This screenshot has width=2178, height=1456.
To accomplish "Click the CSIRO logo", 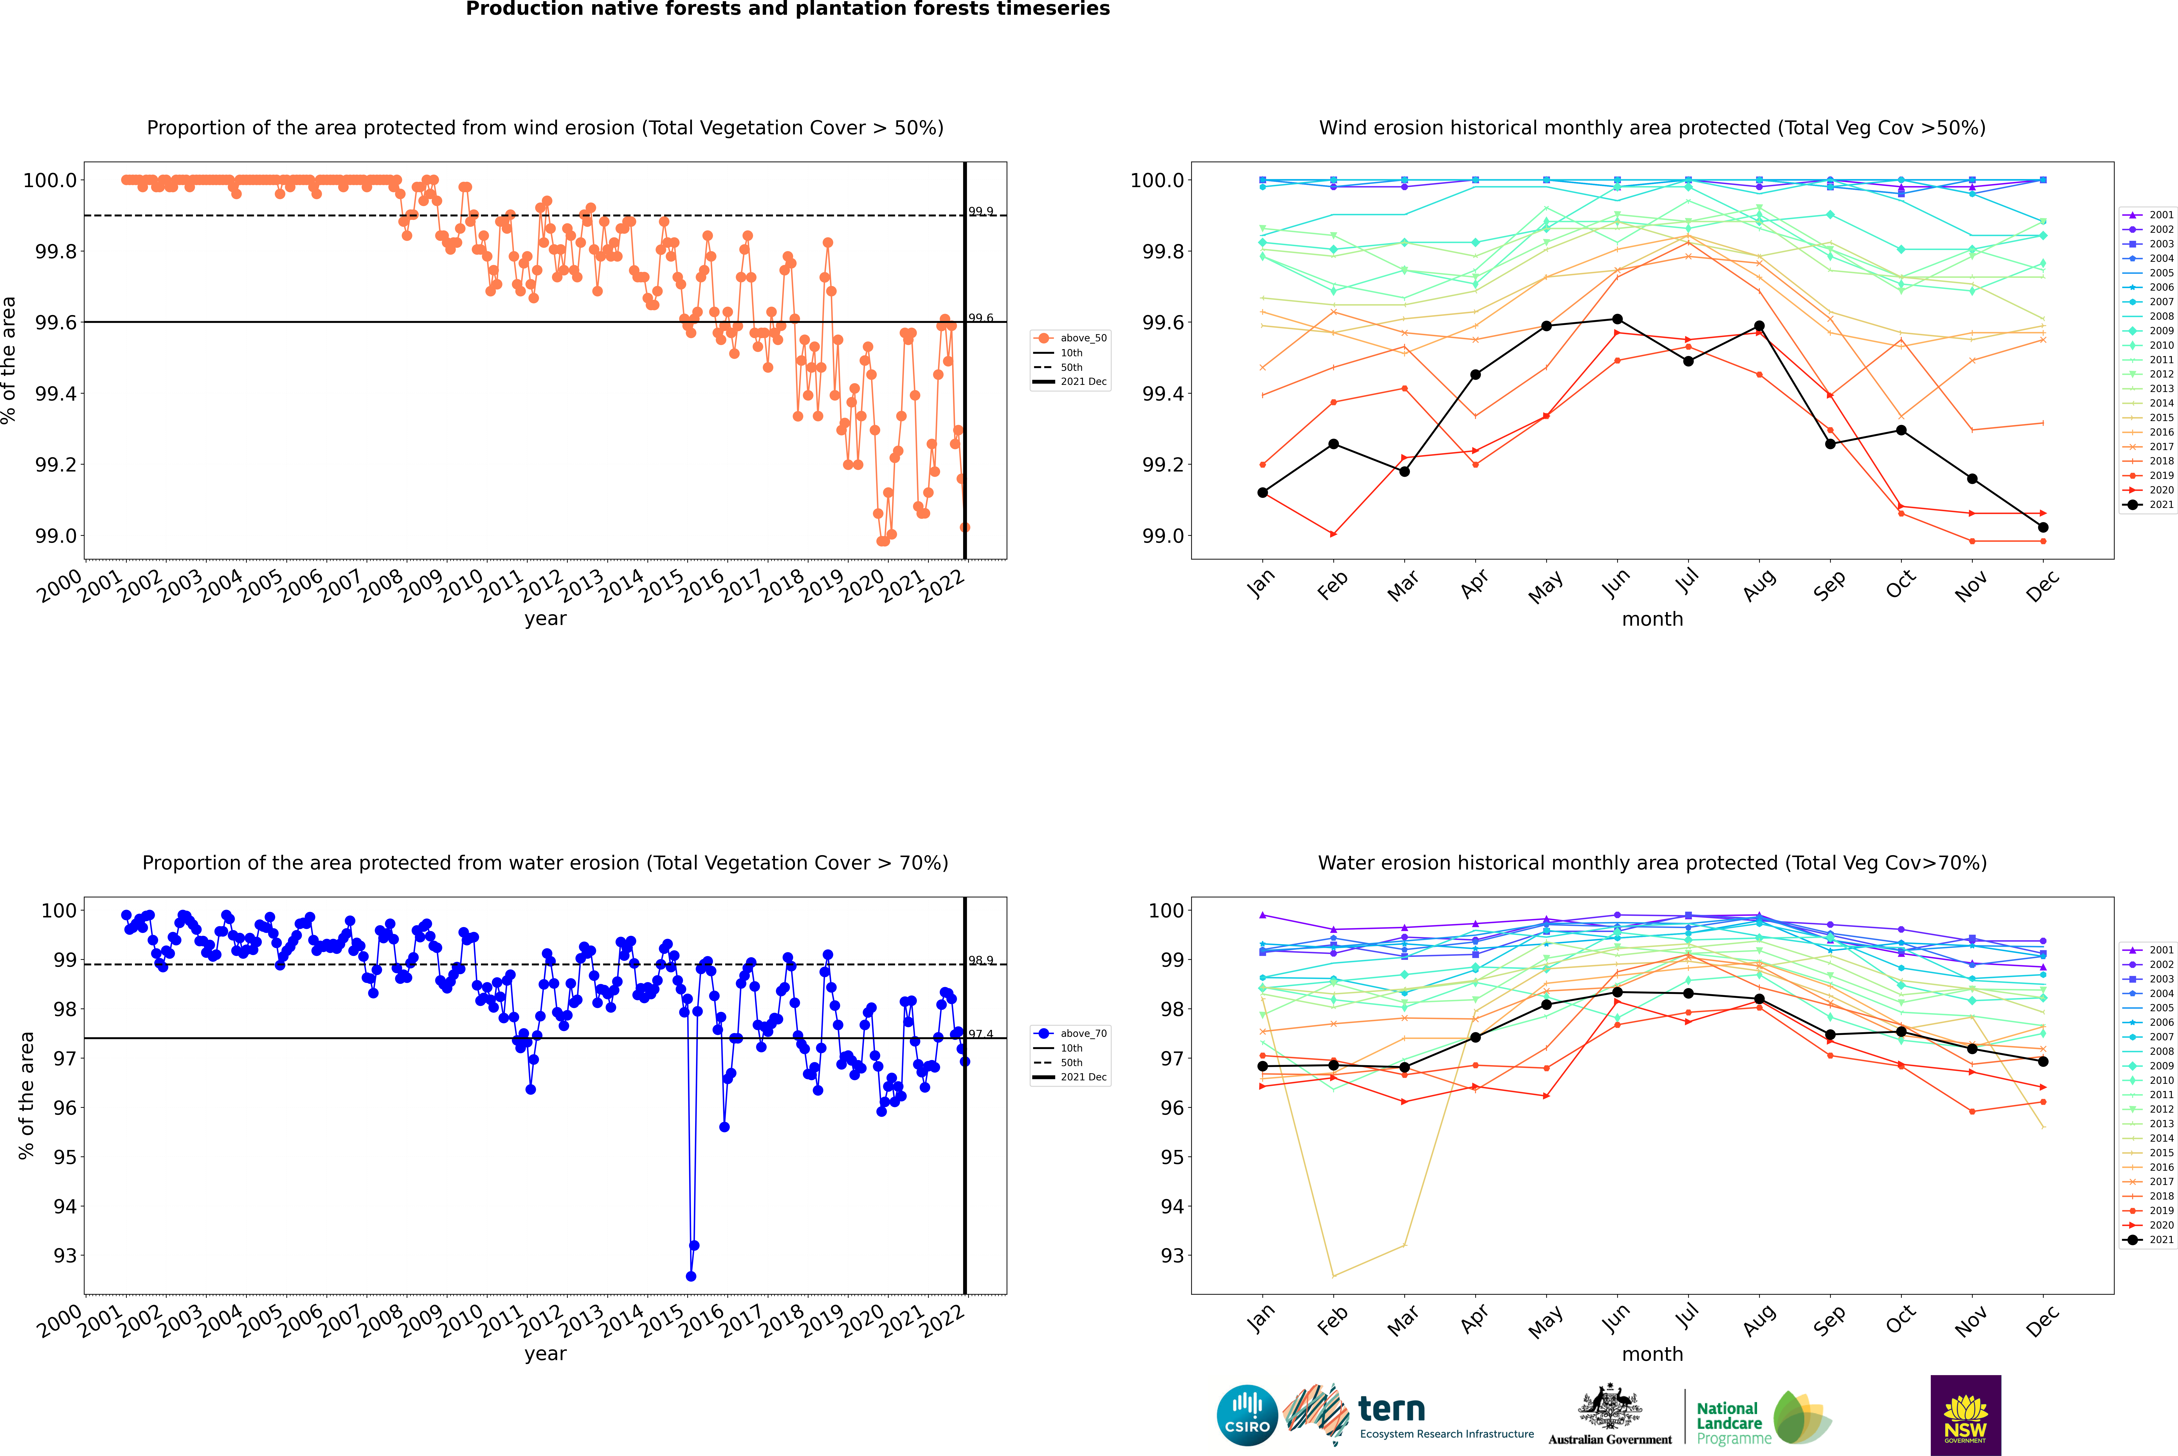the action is [x=1247, y=1415].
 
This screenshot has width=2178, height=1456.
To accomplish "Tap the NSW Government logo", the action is [x=1965, y=1415].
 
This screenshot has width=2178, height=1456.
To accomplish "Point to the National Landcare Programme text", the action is [x=1729, y=1424].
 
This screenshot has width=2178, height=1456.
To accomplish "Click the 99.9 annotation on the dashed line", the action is [x=980, y=212].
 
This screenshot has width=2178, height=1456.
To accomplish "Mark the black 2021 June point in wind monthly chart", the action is [x=1617, y=319].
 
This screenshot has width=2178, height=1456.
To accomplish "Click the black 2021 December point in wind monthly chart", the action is [x=2043, y=528].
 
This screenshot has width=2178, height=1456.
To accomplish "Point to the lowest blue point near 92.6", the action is [x=691, y=1276].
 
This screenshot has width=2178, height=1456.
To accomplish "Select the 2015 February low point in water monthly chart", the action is [x=1333, y=1276].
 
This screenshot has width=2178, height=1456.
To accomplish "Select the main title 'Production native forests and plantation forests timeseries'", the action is [x=787, y=9].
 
